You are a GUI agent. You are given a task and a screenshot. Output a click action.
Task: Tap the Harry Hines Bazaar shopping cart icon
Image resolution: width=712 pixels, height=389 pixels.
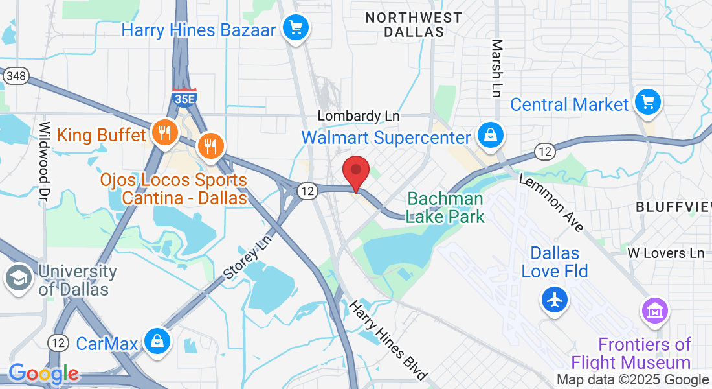tap(296, 29)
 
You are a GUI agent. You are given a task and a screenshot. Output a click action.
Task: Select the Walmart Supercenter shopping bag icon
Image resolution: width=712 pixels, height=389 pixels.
tap(491, 136)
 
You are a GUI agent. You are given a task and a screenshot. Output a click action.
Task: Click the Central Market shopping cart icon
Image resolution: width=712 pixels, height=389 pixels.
tap(647, 102)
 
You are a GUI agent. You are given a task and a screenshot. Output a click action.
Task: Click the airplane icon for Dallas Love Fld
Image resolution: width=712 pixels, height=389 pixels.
tap(555, 300)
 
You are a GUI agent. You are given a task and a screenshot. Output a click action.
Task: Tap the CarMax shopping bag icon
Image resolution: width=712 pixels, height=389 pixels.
tap(156, 340)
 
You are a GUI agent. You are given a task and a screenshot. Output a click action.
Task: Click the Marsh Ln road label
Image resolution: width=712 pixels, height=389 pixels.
tap(497, 68)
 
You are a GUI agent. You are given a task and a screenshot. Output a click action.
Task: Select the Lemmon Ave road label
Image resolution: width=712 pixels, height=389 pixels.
tap(551, 204)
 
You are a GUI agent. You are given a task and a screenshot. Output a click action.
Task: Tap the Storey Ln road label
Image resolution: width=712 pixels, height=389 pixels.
tap(249, 258)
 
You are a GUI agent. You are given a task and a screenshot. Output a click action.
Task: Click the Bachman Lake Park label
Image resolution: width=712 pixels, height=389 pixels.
tap(445, 207)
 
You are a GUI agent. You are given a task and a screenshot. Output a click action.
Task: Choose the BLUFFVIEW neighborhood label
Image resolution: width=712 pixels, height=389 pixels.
tap(673, 207)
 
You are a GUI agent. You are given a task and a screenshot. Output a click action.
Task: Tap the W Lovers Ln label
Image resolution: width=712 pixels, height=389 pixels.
tap(666, 253)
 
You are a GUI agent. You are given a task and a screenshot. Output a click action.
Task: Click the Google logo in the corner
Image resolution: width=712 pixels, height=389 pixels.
tap(43, 374)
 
